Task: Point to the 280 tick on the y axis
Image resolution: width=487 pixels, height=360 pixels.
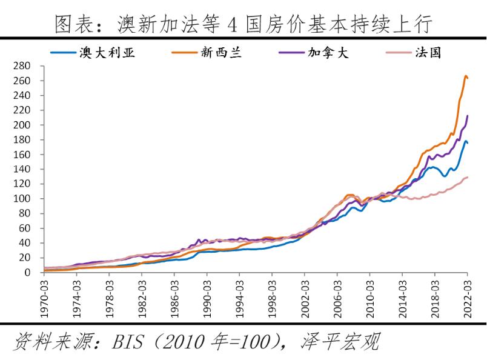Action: pyautogui.click(x=22, y=65)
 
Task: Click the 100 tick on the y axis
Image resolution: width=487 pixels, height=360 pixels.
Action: pyautogui.click(x=22, y=199)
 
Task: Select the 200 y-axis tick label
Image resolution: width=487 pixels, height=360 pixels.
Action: pyautogui.click(x=22, y=125)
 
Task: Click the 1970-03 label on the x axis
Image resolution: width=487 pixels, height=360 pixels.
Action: pyautogui.click(x=44, y=296)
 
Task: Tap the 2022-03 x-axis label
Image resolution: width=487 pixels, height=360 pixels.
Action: pyautogui.click(x=468, y=296)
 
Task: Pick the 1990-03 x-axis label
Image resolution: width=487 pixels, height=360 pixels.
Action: pyautogui.click(x=207, y=296)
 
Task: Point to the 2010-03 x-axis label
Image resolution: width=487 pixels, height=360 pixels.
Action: pyautogui.click(x=369, y=296)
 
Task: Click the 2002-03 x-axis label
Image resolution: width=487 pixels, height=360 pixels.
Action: pyautogui.click(x=305, y=296)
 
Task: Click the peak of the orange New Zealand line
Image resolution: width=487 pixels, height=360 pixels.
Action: pyautogui.click(x=466, y=76)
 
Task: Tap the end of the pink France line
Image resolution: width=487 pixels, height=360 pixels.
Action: pyautogui.click(x=468, y=177)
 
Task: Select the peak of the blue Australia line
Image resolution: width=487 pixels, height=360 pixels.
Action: pyautogui.click(x=465, y=141)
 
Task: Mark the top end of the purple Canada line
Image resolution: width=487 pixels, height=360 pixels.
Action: pyautogui.click(x=468, y=115)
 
